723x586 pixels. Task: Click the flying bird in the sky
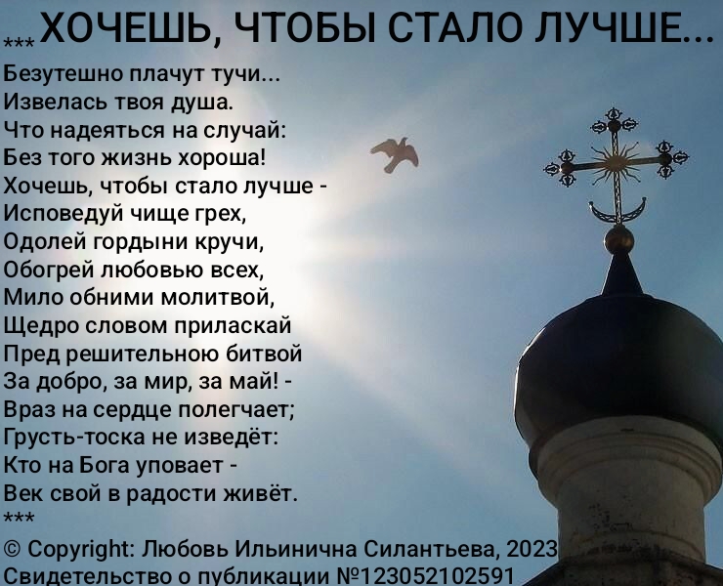396,154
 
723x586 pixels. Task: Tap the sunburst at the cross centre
617,161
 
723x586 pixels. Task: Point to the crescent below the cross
617,211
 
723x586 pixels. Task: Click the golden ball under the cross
618,239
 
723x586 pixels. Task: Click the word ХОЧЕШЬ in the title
131,28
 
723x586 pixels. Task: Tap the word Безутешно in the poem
63,74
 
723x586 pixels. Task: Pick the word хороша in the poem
222,158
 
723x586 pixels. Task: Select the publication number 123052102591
439,576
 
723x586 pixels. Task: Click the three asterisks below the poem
19,518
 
